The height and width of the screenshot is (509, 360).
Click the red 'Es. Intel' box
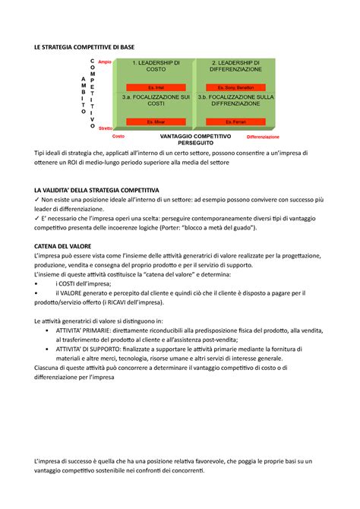pos(155,87)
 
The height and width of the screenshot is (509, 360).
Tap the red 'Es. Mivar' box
pos(155,122)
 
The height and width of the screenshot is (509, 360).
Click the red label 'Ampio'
pos(105,62)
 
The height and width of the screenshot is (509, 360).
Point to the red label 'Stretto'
pos(105,129)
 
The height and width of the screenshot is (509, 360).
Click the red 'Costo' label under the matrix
pos(118,137)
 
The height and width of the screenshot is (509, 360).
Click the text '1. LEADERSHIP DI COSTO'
pos(155,65)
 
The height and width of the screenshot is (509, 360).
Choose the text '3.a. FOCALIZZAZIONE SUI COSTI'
pos(155,102)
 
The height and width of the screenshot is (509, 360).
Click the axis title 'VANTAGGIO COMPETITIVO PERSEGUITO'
pos(195,139)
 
